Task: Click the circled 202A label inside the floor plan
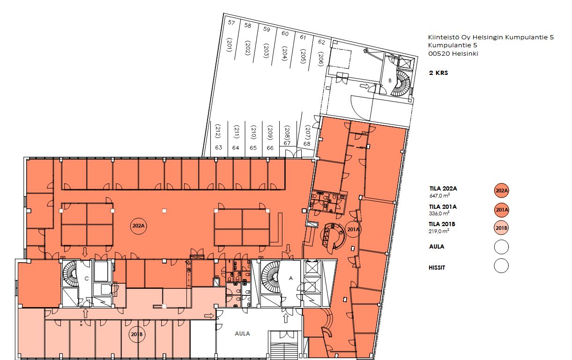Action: (138, 226)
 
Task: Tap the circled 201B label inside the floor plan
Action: (137, 334)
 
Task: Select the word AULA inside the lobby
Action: (242, 333)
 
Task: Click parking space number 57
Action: (231, 23)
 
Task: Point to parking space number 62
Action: (321, 42)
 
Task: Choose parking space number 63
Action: (219, 147)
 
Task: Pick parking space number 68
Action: (307, 144)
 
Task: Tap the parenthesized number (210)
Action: (253, 132)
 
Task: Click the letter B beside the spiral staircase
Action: (390, 81)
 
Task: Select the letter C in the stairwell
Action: (86, 279)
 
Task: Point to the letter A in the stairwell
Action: (290, 279)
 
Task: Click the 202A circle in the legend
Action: (502, 191)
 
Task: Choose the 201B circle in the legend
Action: (501, 228)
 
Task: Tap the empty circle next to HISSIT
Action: (501, 266)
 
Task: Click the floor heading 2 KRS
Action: (438, 73)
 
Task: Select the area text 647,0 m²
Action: (439, 196)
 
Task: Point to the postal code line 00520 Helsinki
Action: (453, 53)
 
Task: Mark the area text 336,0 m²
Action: (439, 213)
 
